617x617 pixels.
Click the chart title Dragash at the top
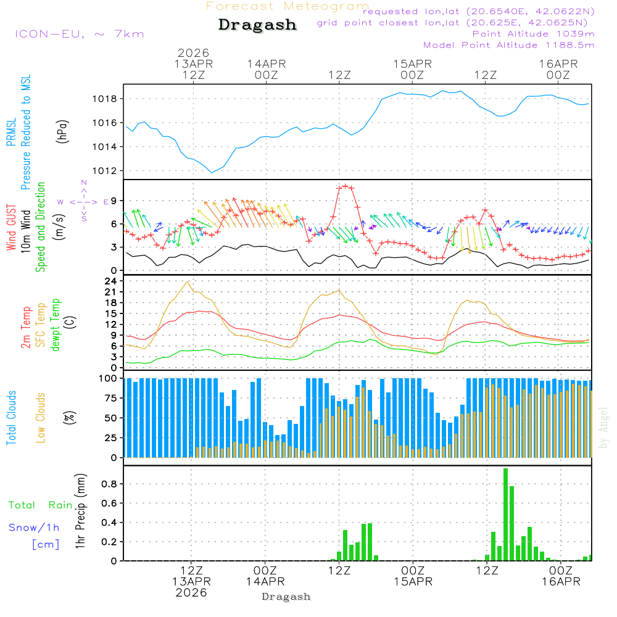tap(257, 25)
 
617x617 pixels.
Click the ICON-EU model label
tap(79, 34)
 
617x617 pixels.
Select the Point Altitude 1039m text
tap(533, 33)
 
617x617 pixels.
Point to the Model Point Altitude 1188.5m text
tap(508, 44)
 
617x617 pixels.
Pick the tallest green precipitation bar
tap(505, 514)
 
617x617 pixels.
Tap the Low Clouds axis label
tap(41, 417)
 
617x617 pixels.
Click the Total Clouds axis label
tap(11, 417)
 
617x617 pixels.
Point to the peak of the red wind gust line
tap(345, 186)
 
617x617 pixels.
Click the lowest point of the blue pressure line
tap(212, 173)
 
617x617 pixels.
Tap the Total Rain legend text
tap(40, 505)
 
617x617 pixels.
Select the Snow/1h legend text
tap(34, 528)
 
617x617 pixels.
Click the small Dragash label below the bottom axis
tap(286, 597)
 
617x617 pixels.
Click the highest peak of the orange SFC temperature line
tap(187, 281)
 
